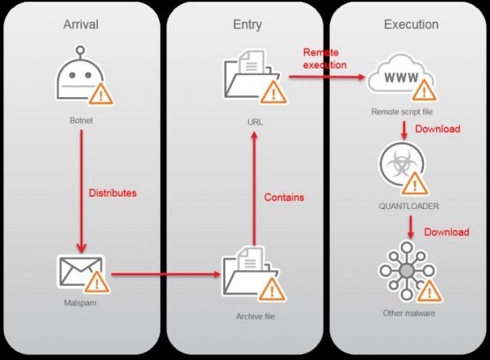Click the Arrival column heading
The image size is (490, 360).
tap(80, 24)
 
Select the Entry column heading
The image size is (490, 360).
tap(247, 24)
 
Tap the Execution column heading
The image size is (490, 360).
tap(411, 24)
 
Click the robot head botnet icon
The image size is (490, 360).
tap(80, 81)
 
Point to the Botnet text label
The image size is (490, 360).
tap(82, 120)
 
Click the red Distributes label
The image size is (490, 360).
tap(113, 193)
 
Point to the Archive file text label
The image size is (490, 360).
tap(247, 313)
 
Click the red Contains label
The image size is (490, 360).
tap(284, 198)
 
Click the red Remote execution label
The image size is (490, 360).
tap(324, 58)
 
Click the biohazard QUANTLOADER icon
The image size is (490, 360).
tap(400, 167)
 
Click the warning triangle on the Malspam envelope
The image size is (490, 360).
tap(97, 283)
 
